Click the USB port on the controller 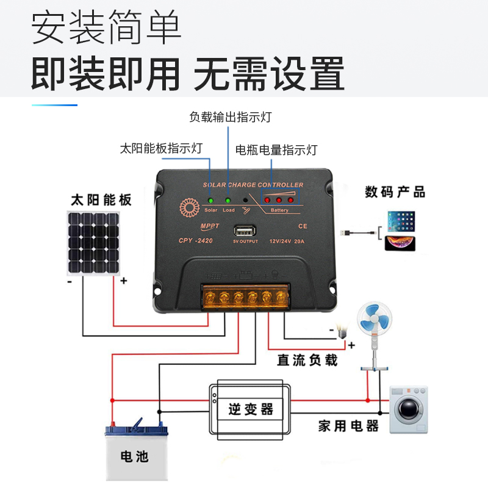(x=245, y=232)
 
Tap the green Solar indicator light (x=210, y=200)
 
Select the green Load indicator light (x=228, y=200)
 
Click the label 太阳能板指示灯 (x=161, y=148)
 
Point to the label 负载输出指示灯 (x=230, y=117)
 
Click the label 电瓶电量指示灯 (x=276, y=149)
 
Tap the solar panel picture (x=93, y=243)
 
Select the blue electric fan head (x=375, y=318)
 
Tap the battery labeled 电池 (x=134, y=448)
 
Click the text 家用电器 (x=348, y=426)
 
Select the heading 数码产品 (x=395, y=192)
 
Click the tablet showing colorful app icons (x=401, y=220)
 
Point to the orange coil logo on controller (x=187, y=207)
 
